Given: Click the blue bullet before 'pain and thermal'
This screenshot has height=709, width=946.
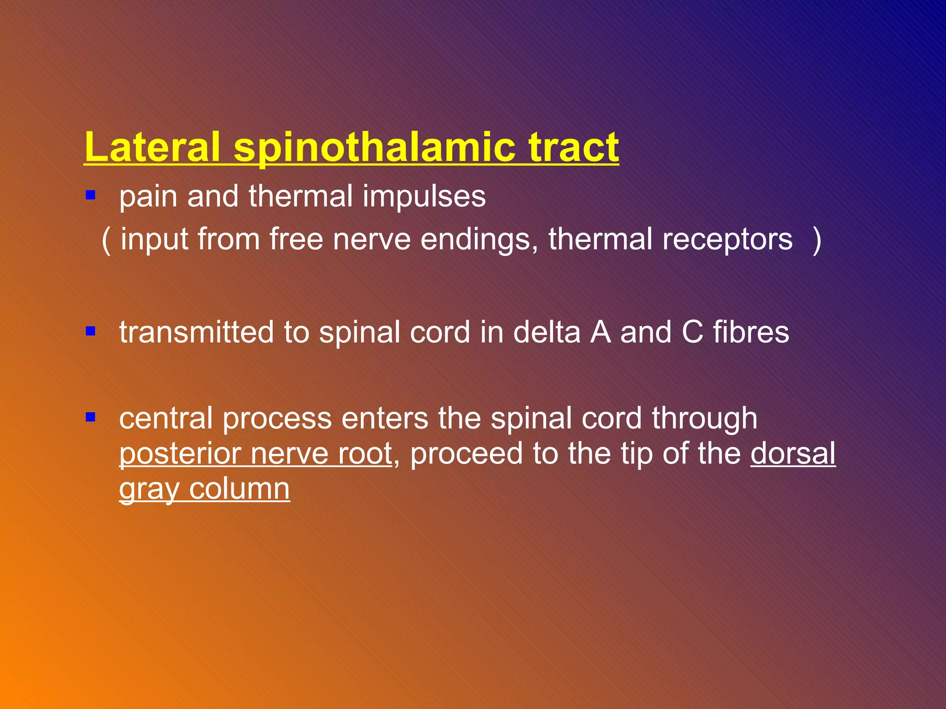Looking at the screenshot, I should pos(91,195).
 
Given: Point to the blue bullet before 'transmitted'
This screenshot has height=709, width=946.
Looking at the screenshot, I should pos(91,331).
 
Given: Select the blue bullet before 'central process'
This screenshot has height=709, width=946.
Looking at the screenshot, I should pos(91,417).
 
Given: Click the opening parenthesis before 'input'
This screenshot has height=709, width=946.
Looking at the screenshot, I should pos(106,240).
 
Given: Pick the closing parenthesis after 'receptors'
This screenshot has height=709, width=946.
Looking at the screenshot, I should pos(817,240).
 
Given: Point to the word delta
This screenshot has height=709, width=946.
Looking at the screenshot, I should pos(546,332).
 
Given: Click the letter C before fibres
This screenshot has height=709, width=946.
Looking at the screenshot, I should pos(692,332).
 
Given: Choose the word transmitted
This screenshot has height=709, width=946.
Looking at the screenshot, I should pos(196,332).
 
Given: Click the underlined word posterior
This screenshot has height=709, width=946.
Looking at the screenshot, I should pos(180,454).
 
